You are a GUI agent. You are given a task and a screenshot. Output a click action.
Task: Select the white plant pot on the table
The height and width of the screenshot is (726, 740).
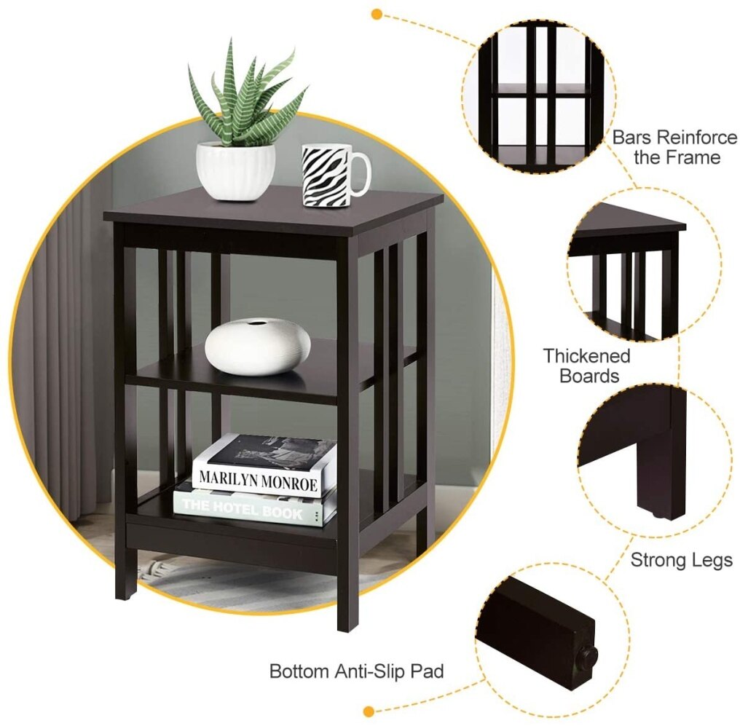235,171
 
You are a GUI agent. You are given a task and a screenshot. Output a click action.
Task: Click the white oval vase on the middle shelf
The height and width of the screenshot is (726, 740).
258,347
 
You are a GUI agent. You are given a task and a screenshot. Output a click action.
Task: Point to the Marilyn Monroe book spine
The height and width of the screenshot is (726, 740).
258,481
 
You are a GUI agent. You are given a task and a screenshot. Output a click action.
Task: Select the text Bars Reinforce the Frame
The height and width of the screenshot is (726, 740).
675,146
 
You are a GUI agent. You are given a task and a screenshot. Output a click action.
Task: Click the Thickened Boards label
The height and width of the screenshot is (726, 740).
586,366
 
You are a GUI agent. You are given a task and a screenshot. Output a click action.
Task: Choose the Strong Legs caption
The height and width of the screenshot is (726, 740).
682,560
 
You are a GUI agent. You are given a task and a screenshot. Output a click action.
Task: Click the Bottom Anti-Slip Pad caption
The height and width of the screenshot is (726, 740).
356,671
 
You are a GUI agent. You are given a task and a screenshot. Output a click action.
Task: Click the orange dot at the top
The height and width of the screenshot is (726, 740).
376,14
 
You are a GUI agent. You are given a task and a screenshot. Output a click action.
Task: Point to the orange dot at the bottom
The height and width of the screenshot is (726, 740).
369,711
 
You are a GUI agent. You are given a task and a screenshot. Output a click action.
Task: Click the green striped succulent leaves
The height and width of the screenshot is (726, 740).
245,95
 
